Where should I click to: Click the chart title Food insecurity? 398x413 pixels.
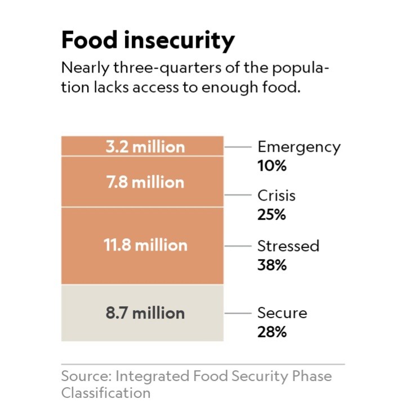pyautogui.click(x=147, y=40)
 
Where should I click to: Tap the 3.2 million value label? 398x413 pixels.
pyautogui.click(x=145, y=147)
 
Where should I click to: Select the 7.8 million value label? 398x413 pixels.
pyautogui.click(x=145, y=182)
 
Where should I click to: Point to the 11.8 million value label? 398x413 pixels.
pyautogui.click(x=145, y=245)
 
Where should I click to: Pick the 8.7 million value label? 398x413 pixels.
pyautogui.click(x=145, y=313)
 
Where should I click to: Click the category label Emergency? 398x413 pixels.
pyautogui.click(x=299, y=147)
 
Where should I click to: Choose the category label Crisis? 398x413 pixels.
pyautogui.click(x=276, y=196)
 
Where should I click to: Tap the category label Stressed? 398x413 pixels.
pyautogui.click(x=288, y=246)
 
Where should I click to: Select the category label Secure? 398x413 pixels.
pyautogui.click(x=283, y=313)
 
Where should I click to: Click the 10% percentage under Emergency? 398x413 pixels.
pyautogui.click(x=272, y=166)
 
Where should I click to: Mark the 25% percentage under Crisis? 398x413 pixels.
pyautogui.click(x=272, y=215)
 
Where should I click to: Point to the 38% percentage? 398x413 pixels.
pyautogui.click(x=272, y=265)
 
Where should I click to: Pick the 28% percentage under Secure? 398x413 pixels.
pyautogui.click(x=272, y=332)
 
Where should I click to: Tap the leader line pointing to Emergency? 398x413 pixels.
pyautogui.click(x=238, y=147)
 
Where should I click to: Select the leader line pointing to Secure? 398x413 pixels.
pyautogui.click(x=238, y=313)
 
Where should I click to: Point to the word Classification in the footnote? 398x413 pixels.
pyautogui.click(x=106, y=393)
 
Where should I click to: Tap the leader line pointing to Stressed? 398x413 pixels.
pyautogui.click(x=238, y=246)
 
